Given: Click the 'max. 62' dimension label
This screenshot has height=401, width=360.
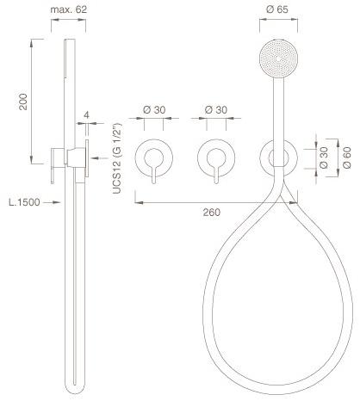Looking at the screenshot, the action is (68, 9).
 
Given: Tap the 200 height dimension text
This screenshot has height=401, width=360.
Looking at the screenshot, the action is (23, 102).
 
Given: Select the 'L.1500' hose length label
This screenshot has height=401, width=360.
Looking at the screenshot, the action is (24, 202).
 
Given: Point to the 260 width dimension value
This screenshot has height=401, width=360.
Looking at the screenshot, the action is (212, 213).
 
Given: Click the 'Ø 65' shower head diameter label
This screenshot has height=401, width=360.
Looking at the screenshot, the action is (277, 9).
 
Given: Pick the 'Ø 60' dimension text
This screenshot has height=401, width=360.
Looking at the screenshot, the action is (347, 157).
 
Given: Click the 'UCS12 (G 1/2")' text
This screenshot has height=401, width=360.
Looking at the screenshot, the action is (117, 158).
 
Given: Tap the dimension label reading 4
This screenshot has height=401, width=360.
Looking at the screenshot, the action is (86, 114).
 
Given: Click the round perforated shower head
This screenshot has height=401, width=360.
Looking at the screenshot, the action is (278, 59).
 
